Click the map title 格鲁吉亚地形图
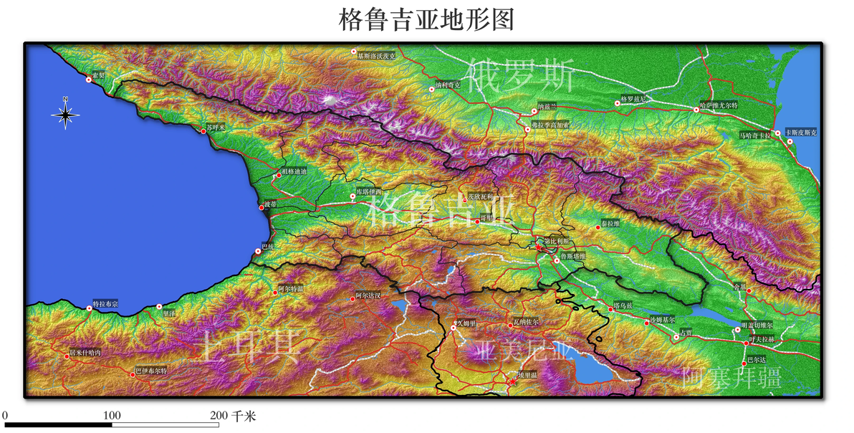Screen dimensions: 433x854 point(426,19)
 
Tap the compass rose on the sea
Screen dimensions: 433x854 point(65,114)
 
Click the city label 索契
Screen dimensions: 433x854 point(97,75)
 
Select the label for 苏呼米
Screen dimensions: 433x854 point(216,128)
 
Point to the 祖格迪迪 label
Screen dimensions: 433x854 point(293,171)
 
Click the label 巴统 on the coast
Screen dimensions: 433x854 point(268,247)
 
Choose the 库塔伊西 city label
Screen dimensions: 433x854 point(369,193)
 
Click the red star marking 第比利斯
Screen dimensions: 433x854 point(539,247)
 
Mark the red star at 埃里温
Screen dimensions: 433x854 point(512,379)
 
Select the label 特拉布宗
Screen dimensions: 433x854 point(106,305)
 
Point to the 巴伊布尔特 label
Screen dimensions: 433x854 point(151,371)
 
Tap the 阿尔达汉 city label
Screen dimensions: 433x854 point(372,295)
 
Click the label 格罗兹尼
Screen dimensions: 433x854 point(633,98)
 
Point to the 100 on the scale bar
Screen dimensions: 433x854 point(112,415)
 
